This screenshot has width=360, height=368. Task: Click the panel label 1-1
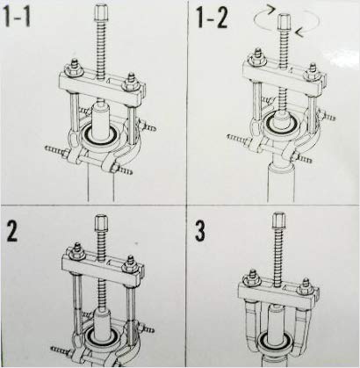point(26,18)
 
